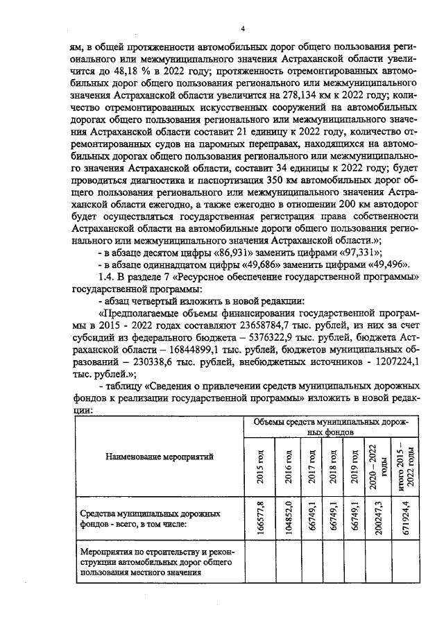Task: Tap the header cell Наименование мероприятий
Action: point(160,456)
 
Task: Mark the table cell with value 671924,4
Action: point(404,517)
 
